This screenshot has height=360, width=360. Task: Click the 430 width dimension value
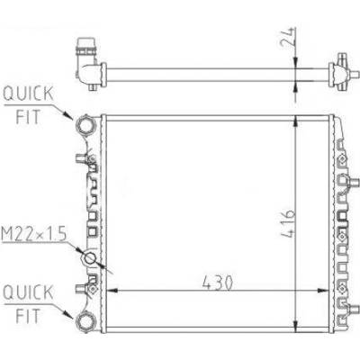pyautogui.click(x=218, y=283)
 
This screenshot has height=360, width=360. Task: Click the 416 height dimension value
pyautogui.click(x=289, y=223)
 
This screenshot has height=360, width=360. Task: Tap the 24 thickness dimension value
pyautogui.click(x=288, y=37)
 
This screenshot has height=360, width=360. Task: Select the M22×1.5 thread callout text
pyautogui.click(x=33, y=234)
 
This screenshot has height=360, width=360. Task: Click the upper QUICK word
pyautogui.click(x=28, y=94)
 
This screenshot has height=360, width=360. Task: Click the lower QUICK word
pyautogui.click(x=28, y=292)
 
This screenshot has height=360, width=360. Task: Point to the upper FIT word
pyautogui.click(x=28, y=117)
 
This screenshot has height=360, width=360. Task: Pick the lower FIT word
pyautogui.click(x=28, y=316)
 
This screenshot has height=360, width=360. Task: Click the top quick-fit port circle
pyautogui.click(x=85, y=125)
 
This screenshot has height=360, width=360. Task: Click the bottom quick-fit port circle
pyautogui.click(x=85, y=321)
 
